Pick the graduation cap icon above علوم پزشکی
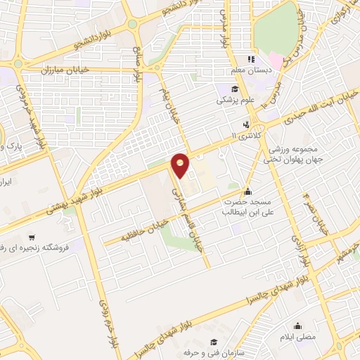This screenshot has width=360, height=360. coord(235,88)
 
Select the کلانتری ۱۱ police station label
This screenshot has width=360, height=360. coord(245,134)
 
